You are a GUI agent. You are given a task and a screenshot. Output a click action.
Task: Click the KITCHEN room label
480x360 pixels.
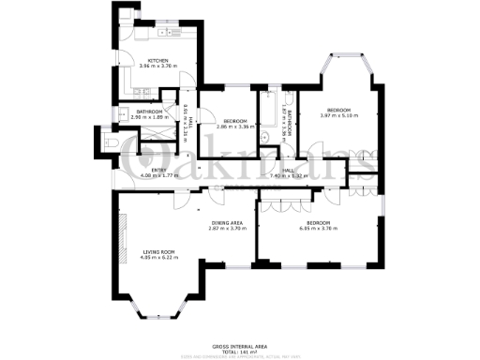[x=157, y=60]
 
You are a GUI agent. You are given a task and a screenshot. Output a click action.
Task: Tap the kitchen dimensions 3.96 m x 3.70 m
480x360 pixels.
[x=157, y=67]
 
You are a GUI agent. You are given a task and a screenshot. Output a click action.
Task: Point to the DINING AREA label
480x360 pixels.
[x=229, y=222]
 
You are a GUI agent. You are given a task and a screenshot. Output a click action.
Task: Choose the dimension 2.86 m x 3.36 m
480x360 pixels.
[x=232, y=126]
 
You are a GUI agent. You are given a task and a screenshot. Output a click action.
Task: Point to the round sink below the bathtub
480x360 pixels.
[x=265, y=138]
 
